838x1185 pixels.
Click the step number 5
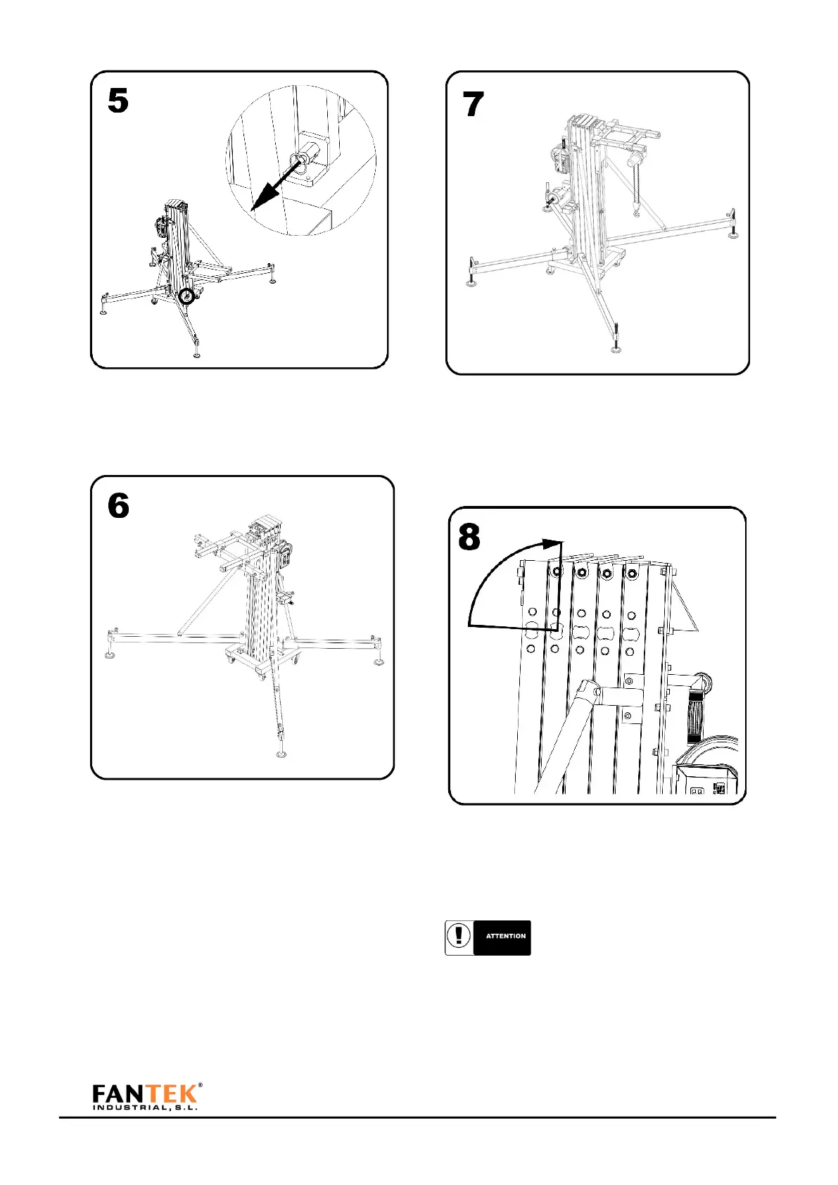118,101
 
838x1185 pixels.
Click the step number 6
118,506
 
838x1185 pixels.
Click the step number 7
474,105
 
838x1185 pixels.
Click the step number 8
469,538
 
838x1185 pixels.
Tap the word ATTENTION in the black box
506,937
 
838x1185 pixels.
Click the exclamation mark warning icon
459,937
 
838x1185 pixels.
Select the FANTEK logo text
144,1093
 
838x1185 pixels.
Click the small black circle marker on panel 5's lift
186,296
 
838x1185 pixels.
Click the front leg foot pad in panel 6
282,756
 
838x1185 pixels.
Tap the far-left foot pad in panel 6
110,657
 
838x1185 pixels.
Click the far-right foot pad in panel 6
379,661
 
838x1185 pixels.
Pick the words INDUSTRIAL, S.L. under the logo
144,1107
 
